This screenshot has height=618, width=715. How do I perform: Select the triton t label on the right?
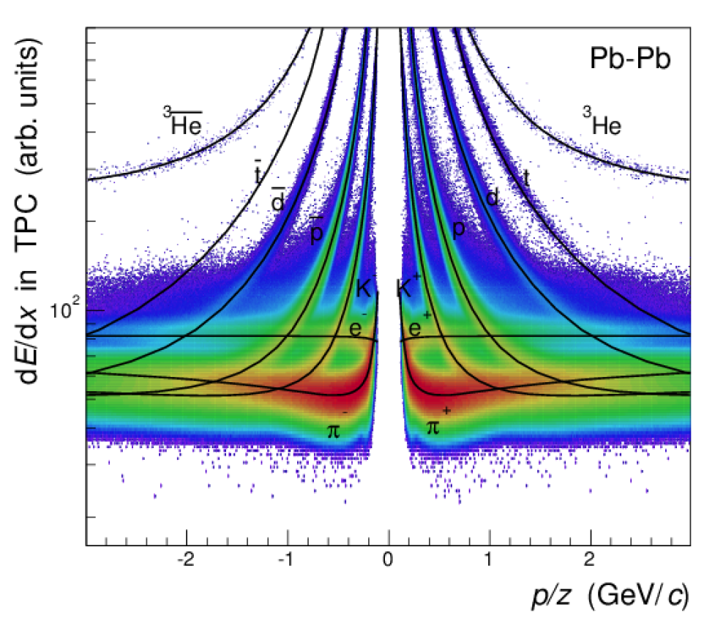[x=525, y=176]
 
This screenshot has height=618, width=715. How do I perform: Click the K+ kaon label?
[x=408, y=286]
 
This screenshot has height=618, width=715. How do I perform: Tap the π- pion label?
[x=336, y=429]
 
